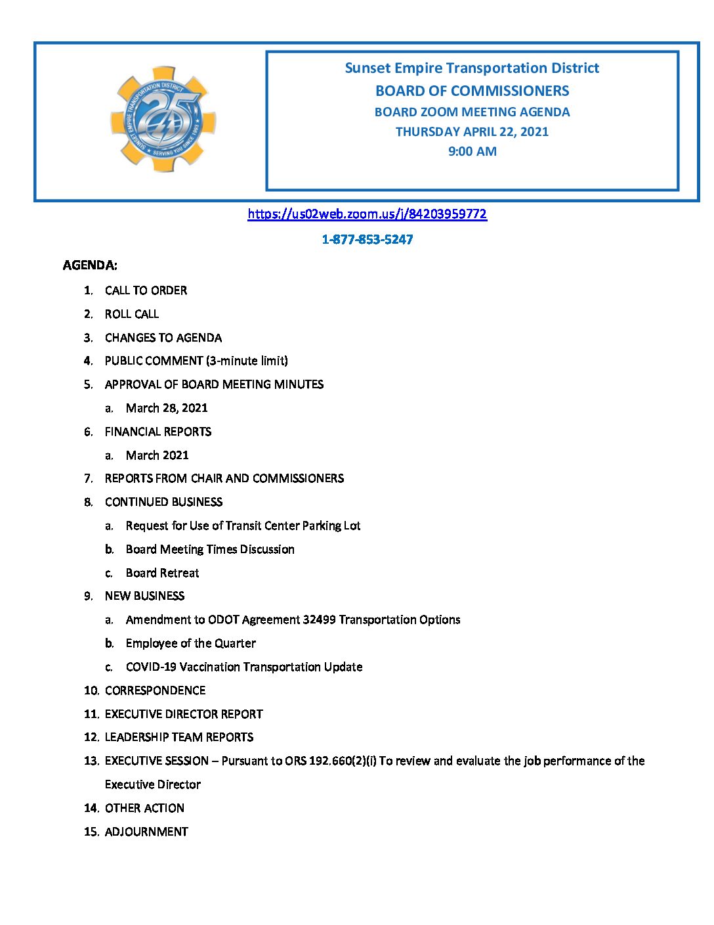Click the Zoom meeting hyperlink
pos(367,214)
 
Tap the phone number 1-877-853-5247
pos(367,240)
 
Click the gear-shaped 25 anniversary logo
pos(163,120)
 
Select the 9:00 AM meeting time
pos(472,151)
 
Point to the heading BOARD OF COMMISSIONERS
pos(472,91)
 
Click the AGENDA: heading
pos(90,265)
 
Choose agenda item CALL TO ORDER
pos(146,290)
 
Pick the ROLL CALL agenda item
pos(132,314)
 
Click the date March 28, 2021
pos(167,408)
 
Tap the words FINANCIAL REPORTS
pos(158,432)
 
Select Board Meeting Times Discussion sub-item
pos(210,549)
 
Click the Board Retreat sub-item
pos(162,573)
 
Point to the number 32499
pos(319,620)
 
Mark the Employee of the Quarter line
pos(190,643)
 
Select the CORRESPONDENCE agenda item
pos(155,690)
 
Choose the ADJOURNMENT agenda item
pos(146,832)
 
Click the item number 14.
pos(91,808)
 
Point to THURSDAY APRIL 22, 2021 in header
pos(472,131)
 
